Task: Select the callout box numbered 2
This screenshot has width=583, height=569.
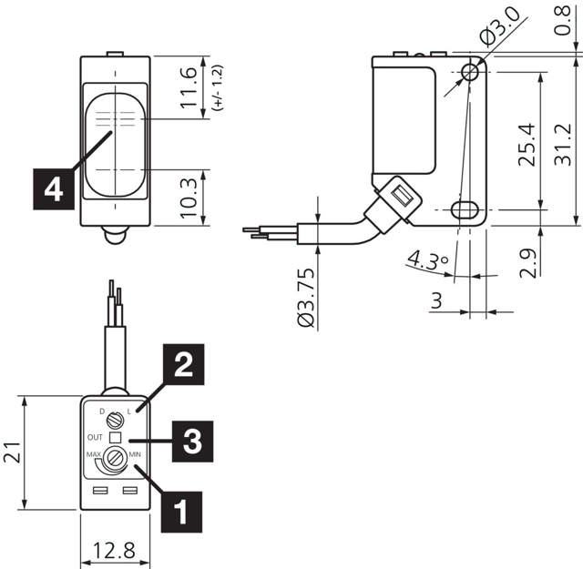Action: [x=183, y=367]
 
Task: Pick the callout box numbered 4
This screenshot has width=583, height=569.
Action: [x=54, y=188]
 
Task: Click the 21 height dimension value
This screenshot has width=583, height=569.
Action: [x=15, y=452]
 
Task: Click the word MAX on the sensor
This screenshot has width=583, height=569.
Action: [x=93, y=452]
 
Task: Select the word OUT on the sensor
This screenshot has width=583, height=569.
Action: [x=94, y=437]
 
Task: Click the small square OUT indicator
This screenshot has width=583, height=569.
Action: [x=114, y=437]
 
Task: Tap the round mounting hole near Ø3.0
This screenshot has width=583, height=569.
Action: [x=472, y=71]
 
